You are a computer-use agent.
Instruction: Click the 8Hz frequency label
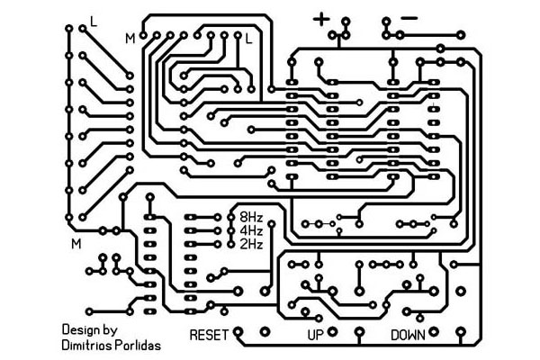(x=251, y=218)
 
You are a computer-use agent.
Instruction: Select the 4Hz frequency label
(x=251, y=230)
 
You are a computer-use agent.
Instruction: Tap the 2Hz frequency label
(x=251, y=244)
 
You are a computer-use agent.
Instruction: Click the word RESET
(x=209, y=335)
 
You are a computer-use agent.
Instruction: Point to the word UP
(x=315, y=335)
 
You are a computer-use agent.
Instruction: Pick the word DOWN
(x=408, y=335)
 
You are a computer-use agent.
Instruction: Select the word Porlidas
(x=138, y=345)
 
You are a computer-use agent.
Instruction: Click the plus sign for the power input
(x=321, y=19)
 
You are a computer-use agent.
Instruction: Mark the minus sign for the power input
(x=409, y=18)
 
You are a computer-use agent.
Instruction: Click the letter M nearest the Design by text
(x=76, y=244)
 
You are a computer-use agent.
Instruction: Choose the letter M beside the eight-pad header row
(x=130, y=39)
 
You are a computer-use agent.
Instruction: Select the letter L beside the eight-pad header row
(x=248, y=39)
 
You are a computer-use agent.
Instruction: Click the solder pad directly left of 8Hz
(x=231, y=218)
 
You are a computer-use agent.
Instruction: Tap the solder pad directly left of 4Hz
(x=231, y=230)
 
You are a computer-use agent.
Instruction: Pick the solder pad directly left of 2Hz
(x=231, y=244)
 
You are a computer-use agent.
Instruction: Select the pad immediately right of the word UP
(x=332, y=332)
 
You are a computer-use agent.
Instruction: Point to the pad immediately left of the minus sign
(x=386, y=22)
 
